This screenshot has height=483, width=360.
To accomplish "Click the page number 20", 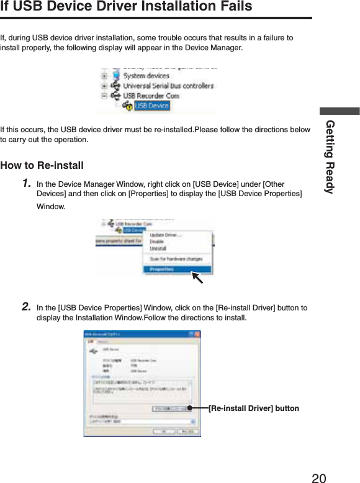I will point(318,477).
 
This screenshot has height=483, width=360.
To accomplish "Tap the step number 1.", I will point(27,184).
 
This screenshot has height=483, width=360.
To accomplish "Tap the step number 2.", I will point(27,307).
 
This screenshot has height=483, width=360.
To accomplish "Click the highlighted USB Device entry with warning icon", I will point(151,106).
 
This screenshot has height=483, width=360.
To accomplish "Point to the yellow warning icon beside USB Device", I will point(128,107).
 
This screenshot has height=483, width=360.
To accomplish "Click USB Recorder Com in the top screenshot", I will point(151,96).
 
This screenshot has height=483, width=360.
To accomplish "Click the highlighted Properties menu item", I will point(161,269).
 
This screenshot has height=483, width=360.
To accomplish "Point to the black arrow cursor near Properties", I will point(197,277).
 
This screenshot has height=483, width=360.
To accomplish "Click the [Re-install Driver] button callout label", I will point(253,408).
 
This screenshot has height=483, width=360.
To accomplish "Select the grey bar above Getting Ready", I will point(340,111).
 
